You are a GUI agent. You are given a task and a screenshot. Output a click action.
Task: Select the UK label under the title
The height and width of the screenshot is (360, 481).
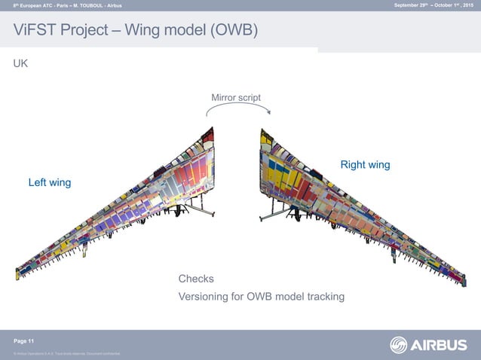[x=21, y=64]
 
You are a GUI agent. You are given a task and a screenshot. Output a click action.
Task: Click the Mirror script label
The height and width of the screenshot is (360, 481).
[x=236, y=97]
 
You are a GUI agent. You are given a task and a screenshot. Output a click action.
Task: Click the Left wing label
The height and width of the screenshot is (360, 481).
[x=50, y=182]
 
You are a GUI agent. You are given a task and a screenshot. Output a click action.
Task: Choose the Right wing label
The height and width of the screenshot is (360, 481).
[x=365, y=164]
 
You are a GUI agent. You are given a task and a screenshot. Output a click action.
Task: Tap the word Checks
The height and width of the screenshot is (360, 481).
[x=196, y=279]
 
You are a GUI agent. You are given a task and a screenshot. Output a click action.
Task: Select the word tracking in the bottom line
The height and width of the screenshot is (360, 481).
[x=324, y=297]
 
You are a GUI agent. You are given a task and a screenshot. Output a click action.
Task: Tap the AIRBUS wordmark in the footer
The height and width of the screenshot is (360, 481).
[x=440, y=345]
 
